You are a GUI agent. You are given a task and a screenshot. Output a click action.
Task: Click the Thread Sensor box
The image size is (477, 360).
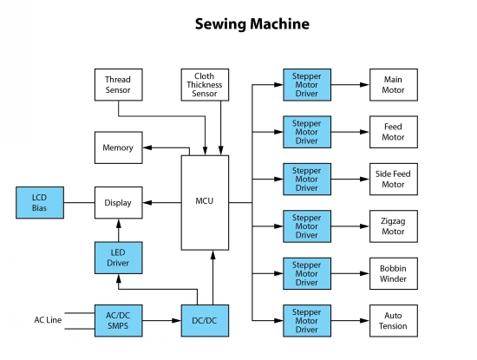pos(118,85)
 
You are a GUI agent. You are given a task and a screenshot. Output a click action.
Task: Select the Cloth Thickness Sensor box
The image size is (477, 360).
pos(205,85)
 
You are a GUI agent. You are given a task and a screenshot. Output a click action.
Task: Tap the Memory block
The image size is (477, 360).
pos(118,147)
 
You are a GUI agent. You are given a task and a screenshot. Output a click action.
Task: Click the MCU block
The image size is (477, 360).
pos(205,203)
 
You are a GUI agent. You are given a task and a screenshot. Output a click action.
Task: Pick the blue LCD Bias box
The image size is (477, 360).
pos(40,203)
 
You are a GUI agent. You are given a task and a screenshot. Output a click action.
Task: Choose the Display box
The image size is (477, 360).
pos(118,203)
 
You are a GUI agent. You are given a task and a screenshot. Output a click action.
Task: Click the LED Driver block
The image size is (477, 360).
pos(118,258)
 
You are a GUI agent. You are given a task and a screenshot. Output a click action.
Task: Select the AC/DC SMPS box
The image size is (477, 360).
pos(118,321)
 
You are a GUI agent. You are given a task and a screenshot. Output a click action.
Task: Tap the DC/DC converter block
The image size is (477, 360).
pos(205,321)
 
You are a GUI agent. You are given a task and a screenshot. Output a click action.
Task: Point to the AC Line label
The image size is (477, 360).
pos(48,320)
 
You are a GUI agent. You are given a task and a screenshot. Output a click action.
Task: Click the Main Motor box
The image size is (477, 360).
pos(394,85)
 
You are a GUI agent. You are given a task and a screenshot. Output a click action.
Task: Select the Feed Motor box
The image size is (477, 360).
pos(394,132)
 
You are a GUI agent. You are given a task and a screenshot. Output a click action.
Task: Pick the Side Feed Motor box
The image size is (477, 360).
pos(394,179)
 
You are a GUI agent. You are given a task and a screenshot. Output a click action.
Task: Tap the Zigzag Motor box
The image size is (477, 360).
pos(394,226)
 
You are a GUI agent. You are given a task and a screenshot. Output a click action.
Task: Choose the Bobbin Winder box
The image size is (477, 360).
pos(394,273)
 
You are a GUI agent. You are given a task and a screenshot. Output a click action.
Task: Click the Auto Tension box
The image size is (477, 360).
pos(394,321)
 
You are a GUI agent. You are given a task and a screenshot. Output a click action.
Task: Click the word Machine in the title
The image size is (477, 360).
pos(279,23)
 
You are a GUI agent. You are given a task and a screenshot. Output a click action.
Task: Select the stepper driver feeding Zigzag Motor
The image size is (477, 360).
pos(307,226)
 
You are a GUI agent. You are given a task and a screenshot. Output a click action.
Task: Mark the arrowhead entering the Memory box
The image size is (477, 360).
pos(147,147)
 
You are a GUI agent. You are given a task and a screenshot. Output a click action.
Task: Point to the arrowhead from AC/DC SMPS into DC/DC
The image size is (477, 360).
pos(176,321)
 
